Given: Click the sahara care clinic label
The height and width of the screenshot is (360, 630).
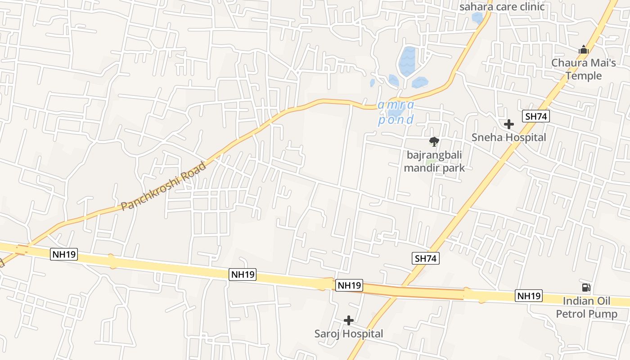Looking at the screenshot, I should [502, 7].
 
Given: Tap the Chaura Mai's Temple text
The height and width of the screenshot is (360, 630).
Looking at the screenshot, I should [584, 69].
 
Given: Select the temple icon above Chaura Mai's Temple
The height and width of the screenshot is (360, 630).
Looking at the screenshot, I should [584, 49].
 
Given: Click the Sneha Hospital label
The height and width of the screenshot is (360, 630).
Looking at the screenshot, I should [508, 137].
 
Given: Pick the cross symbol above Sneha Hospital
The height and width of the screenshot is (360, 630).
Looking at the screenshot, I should [509, 124].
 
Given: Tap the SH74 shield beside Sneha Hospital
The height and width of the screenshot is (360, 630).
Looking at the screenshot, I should [536, 117].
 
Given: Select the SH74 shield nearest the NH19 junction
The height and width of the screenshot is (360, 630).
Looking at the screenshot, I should [425, 258].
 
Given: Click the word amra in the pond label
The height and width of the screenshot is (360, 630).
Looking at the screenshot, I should [396, 105].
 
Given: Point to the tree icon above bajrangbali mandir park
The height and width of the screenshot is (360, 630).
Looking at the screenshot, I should [434, 142].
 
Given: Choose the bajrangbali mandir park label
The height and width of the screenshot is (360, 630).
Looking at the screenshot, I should [434, 162].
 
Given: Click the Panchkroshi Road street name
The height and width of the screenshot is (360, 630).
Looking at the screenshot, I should [164, 186].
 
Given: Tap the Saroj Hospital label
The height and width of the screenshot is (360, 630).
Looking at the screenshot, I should [349, 333].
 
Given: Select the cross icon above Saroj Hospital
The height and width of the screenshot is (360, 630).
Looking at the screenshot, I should [349, 320].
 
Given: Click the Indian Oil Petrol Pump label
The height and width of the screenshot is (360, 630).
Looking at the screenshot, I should [587, 307].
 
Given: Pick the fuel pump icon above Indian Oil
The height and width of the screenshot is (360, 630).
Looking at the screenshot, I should [586, 288].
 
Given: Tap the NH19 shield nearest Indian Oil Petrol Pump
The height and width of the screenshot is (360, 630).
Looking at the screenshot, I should [529, 296].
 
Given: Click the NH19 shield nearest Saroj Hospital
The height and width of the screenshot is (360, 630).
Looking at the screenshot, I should [349, 285].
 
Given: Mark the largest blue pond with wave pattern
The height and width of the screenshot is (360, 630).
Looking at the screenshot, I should [407, 61].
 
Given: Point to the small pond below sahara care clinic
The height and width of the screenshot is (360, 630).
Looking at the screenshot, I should [477, 18].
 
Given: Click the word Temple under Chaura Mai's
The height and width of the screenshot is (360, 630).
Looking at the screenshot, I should [584, 76].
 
